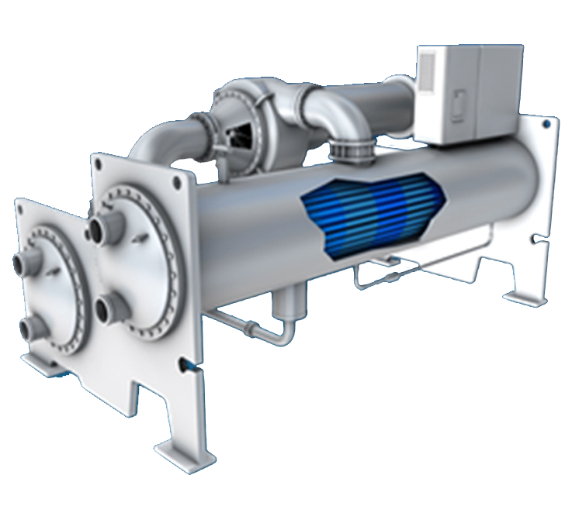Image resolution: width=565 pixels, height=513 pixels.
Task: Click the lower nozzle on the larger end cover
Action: pos(106,310)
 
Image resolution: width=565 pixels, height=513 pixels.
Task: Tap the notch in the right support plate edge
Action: pos(532,237)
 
